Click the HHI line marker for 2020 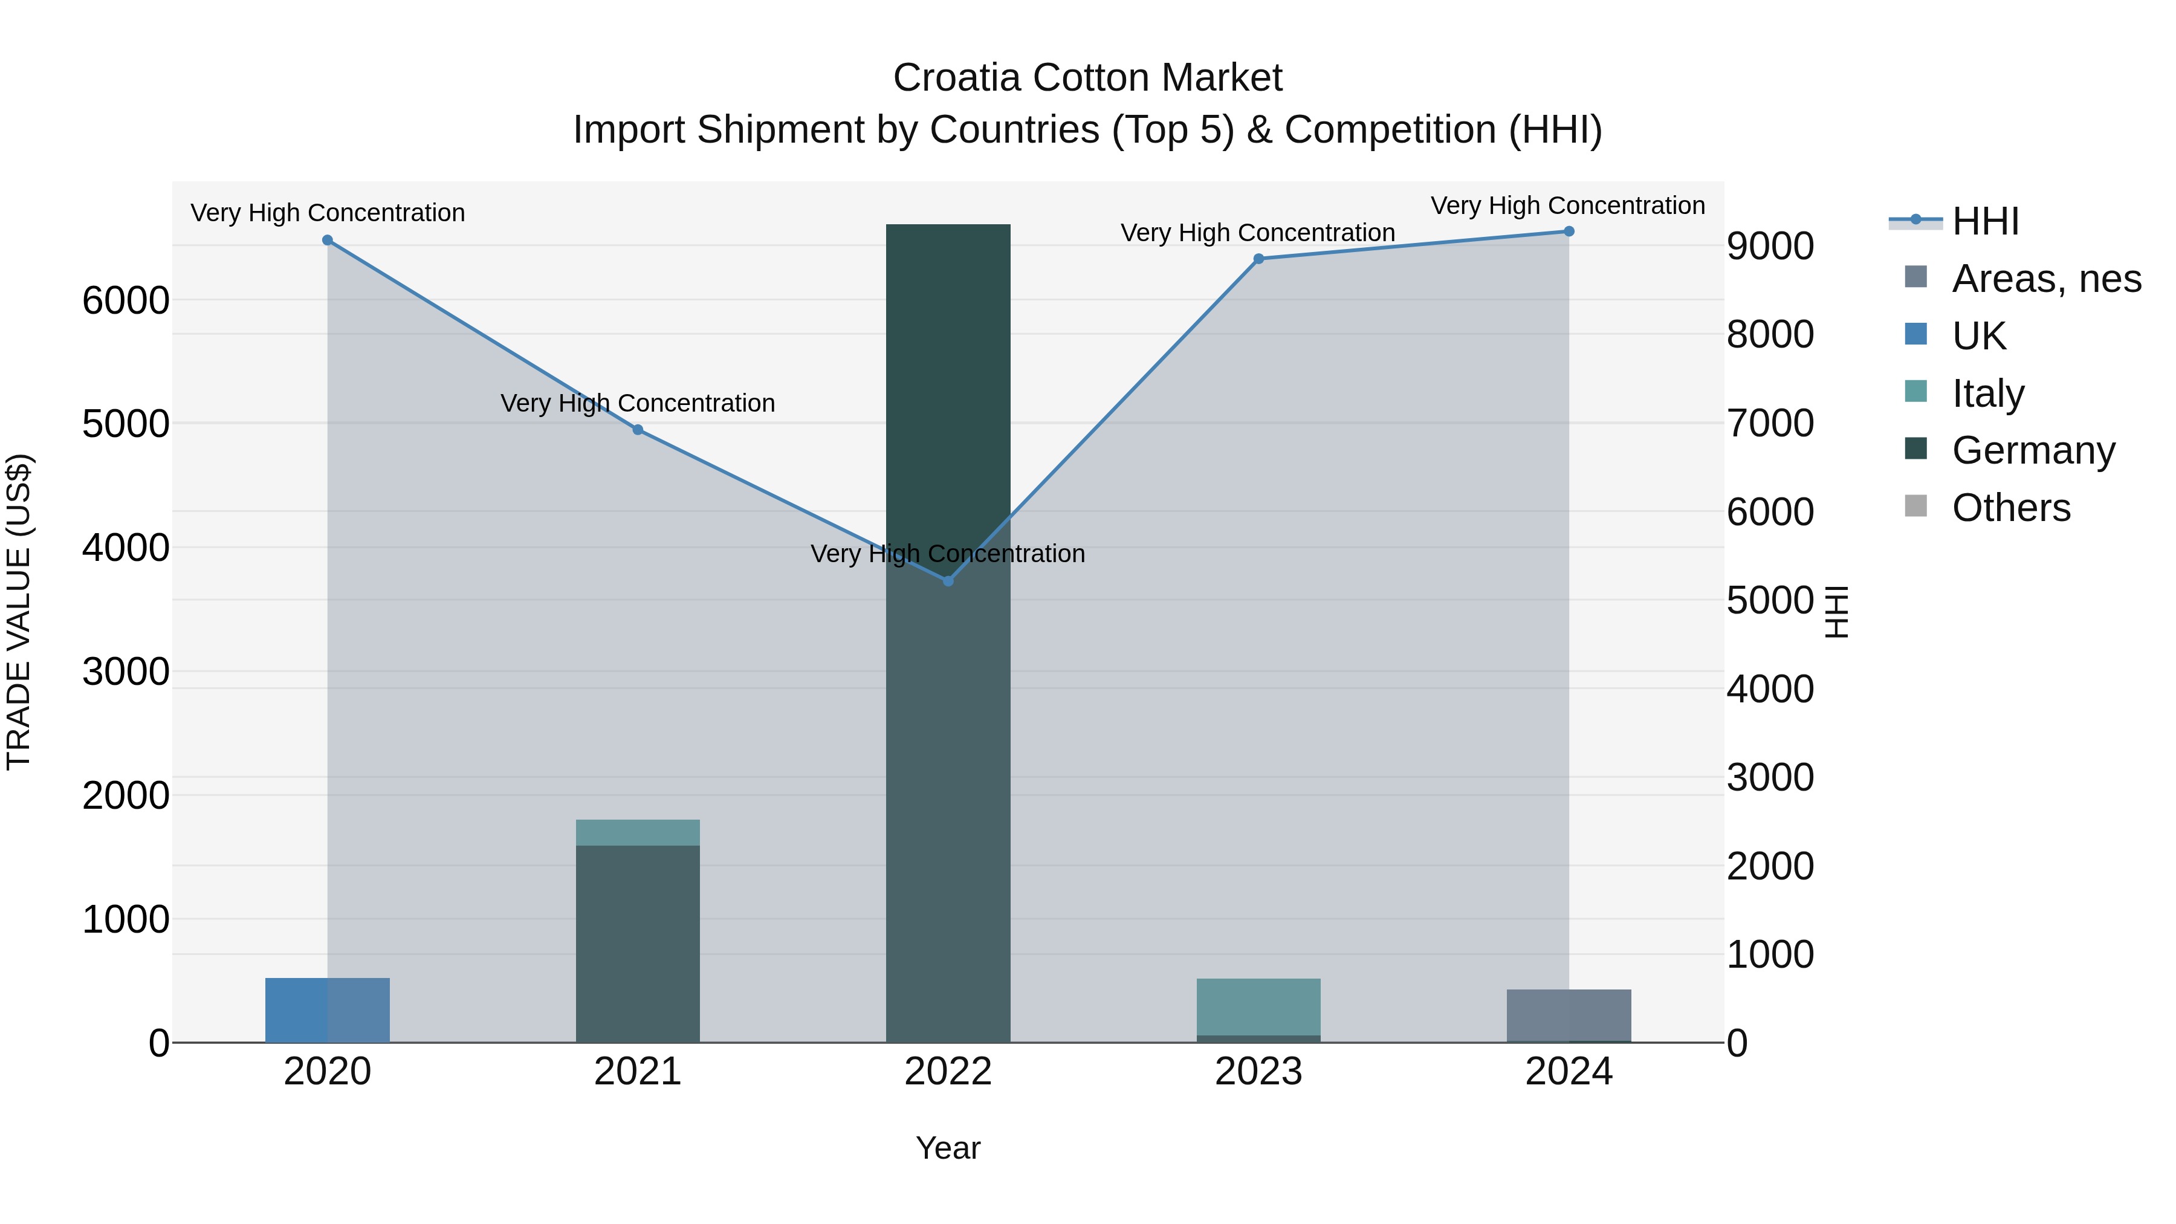tap(328, 241)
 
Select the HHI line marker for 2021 tap(638, 430)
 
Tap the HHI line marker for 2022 tap(948, 581)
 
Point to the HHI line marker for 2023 tap(1258, 259)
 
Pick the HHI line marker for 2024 tap(1569, 232)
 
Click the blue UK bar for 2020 tap(328, 1010)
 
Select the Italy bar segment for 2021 tap(638, 833)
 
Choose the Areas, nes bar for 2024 tap(1569, 1015)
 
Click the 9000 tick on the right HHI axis tap(1770, 247)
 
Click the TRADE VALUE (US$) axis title tap(19, 612)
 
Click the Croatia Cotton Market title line tap(1087, 78)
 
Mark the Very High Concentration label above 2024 tap(1568, 206)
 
